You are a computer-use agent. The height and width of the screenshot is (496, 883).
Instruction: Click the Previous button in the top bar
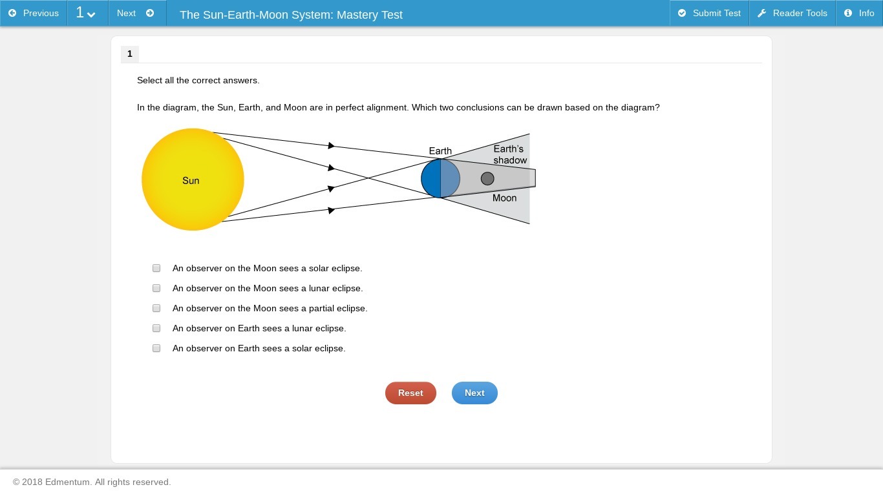34,13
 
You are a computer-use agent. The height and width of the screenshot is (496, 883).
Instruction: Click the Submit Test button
709,13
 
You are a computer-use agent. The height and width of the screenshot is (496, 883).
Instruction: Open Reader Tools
793,13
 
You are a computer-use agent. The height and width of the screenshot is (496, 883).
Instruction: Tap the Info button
859,13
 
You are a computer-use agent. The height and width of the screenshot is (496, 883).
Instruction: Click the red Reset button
410,393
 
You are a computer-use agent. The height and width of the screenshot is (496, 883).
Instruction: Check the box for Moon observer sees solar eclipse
156,268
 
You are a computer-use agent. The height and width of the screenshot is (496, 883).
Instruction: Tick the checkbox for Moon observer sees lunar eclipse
156,289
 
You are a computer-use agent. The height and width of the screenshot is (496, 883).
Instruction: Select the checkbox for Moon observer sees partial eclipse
156,308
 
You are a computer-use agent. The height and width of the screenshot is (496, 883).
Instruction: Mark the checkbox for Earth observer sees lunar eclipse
156,328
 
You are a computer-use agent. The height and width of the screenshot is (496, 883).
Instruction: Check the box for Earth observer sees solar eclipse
156,348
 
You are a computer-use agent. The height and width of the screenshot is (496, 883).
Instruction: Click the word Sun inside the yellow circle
191,180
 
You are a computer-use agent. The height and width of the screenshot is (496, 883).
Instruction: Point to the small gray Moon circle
487,178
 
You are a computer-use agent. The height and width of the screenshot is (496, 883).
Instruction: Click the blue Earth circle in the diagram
440,178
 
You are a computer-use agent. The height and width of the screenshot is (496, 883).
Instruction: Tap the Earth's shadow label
510,154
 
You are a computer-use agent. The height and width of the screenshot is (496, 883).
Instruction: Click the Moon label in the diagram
504,198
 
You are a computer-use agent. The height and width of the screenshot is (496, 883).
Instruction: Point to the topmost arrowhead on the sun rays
331,146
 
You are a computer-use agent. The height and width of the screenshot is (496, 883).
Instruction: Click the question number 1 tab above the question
130,54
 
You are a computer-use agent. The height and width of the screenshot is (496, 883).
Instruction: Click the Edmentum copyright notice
92,482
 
